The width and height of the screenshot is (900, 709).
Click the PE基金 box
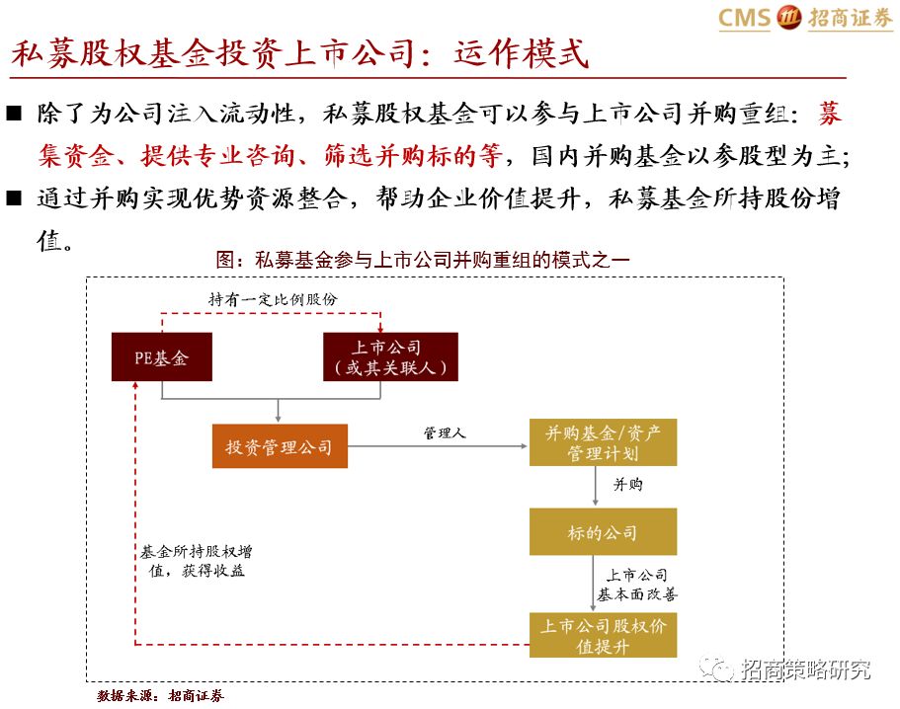162,356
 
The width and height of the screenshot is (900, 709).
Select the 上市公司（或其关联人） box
391,356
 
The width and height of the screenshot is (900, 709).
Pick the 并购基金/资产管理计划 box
604,442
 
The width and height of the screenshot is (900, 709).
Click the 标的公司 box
603,532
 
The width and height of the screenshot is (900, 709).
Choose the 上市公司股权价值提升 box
603,635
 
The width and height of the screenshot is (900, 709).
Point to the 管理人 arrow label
445,433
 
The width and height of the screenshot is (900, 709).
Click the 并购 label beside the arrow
628,485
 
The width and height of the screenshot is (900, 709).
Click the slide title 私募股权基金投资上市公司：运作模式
299,52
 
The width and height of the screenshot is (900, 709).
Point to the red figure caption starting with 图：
423,260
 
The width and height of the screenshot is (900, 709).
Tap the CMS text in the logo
744,18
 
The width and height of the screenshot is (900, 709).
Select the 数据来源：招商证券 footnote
161,696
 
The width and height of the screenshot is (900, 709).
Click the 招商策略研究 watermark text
805,670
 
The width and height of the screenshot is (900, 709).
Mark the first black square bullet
14,113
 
